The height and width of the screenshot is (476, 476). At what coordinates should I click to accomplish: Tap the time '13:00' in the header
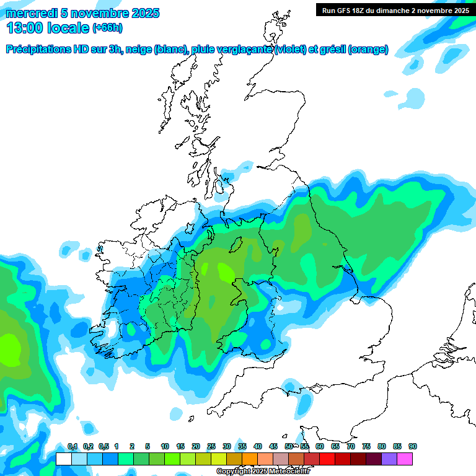point(26,27)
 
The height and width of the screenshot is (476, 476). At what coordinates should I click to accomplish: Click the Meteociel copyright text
point(263,472)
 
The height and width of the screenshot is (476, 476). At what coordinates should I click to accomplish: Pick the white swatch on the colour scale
point(63,459)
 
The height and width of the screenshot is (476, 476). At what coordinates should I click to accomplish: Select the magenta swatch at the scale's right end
point(405,459)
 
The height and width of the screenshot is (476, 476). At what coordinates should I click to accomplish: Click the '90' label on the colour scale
point(413,446)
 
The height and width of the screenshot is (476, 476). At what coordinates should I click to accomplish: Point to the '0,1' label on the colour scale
point(73,446)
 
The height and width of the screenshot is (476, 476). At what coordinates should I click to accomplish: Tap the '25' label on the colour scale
point(211,446)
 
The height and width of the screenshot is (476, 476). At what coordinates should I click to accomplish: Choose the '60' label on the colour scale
point(320,446)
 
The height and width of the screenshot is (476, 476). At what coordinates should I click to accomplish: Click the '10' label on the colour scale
point(165,446)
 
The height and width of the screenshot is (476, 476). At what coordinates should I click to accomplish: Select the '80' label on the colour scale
point(382,446)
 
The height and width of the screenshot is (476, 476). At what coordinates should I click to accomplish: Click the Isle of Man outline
point(236,245)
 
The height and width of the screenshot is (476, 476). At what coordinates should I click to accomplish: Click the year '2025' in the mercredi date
point(145,13)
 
